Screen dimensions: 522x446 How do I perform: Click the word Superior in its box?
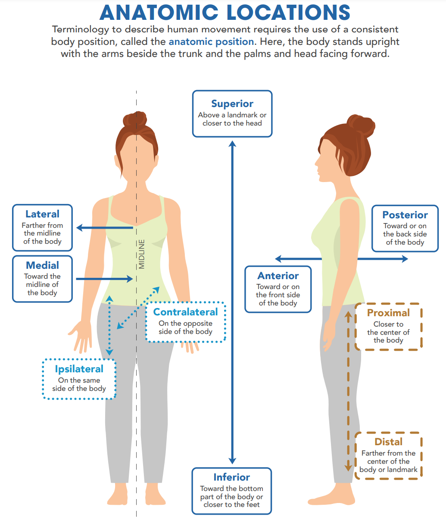(232, 104)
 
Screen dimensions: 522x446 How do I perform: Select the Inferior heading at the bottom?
(232, 477)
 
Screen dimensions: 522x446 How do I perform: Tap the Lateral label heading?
(42, 214)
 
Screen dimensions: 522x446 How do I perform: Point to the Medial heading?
(42, 265)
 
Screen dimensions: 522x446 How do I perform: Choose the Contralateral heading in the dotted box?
(186, 312)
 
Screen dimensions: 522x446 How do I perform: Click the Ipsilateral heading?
(79, 369)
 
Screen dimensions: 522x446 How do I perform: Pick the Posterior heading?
(405, 215)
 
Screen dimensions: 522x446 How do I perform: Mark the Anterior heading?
(278, 276)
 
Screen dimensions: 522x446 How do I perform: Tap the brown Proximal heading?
(388, 313)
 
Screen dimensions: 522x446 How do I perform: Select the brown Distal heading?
(388, 442)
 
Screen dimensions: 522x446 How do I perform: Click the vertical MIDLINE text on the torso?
(142, 254)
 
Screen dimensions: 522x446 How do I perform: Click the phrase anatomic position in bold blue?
(211, 42)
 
